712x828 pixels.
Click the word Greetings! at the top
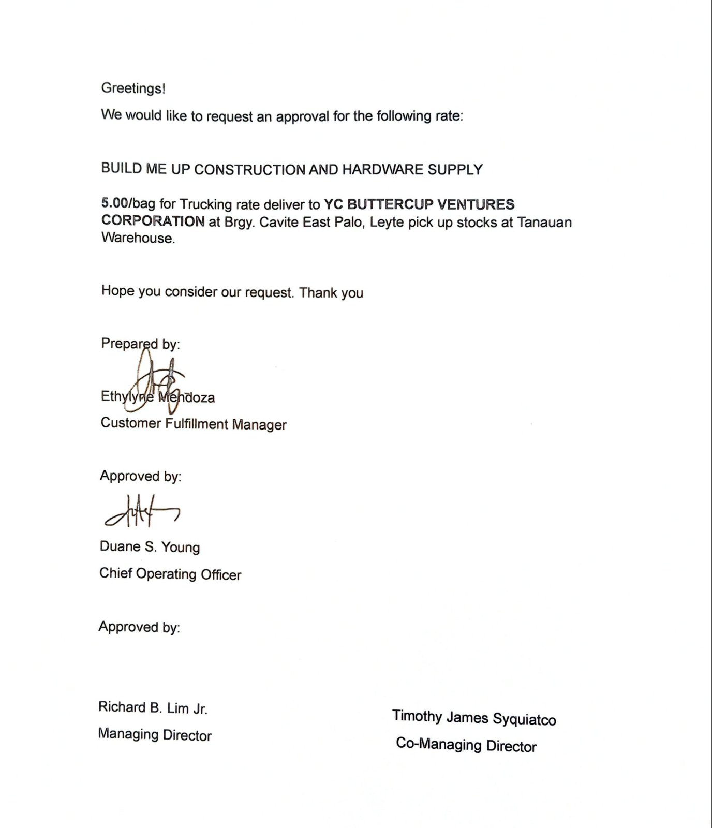133,88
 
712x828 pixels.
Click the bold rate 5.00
114,203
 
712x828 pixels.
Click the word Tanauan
544,223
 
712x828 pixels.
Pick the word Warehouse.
138,238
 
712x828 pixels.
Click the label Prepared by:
140,344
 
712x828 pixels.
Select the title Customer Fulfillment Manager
194,424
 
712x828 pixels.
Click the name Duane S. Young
150,547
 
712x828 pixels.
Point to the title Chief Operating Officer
170,574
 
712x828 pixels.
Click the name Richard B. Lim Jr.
153,708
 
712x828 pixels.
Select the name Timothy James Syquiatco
474,718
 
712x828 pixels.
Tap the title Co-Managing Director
466,745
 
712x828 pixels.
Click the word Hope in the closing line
117,291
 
